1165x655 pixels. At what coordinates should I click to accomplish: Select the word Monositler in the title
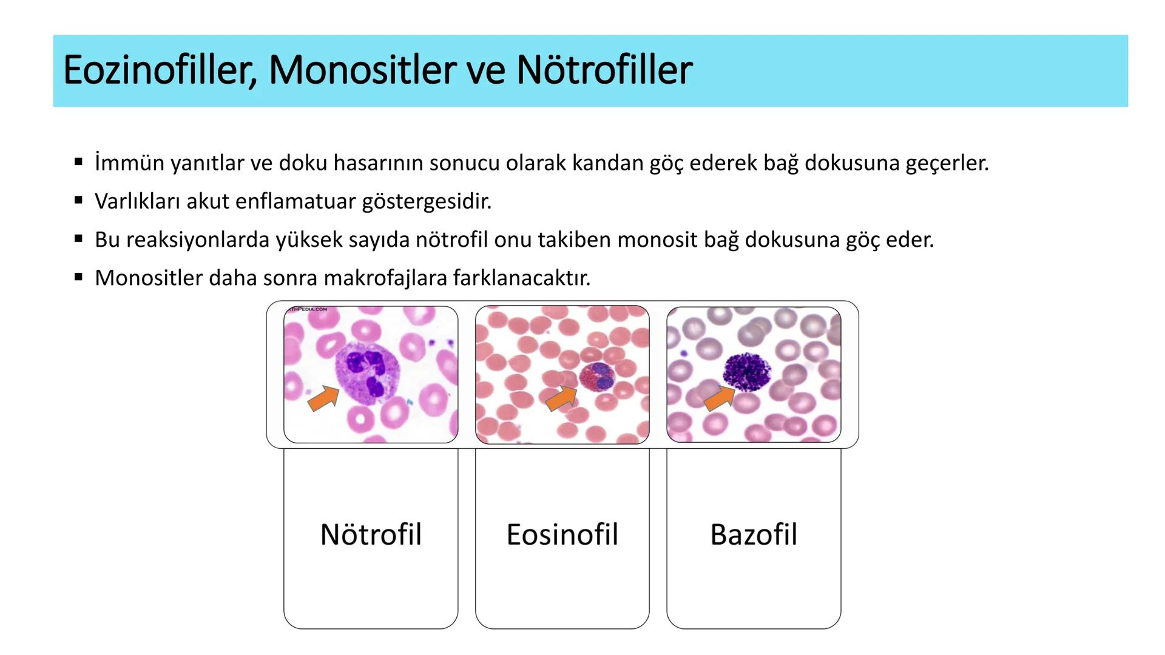click(x=362, y=70)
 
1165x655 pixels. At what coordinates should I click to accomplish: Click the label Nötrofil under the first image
click(x=371, y=535)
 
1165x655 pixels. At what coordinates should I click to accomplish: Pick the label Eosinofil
click(x=562, y=535)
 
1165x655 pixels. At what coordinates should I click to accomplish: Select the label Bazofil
click(x=754, y=535)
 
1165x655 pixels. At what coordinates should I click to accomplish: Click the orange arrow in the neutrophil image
click(x=323, y=398)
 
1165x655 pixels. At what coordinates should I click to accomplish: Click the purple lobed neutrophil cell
click(x=366, y=371)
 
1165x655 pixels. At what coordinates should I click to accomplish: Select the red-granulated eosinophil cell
click(x=597, y=377)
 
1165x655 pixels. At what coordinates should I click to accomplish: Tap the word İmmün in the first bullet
click(x=129, y=163)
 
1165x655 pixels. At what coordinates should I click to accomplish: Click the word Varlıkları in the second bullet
click(x=137, y=201)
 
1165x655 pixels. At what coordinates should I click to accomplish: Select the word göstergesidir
click(x=427, y=201)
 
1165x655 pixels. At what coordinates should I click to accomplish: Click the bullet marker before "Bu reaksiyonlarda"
click(x=78, y=239)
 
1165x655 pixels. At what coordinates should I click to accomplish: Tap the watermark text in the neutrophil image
click(x=306, y=309)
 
